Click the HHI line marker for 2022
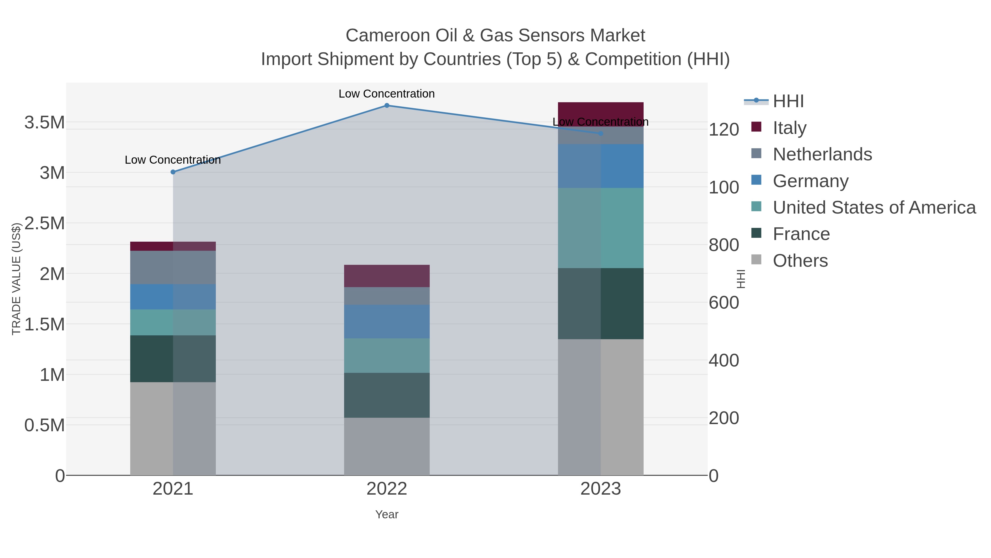coord(387,106)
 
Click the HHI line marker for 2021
coord(173,172)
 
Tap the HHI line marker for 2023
coord(601,134)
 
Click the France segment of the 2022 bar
coord(387,395)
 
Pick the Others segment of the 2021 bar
coord(173,428)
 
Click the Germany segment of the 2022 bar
coord(387,322)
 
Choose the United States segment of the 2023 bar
coord(601,228)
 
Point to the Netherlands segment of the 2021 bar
coord(173,268)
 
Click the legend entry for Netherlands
coord(822,154)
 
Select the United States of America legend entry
coord(874,207)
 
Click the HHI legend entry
coord(788,101)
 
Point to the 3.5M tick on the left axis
coord(45,123)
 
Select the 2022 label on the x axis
coord(387,489)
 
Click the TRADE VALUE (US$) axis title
coord(16,279)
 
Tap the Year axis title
coord(387,514)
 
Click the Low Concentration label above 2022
coord(387,94)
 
